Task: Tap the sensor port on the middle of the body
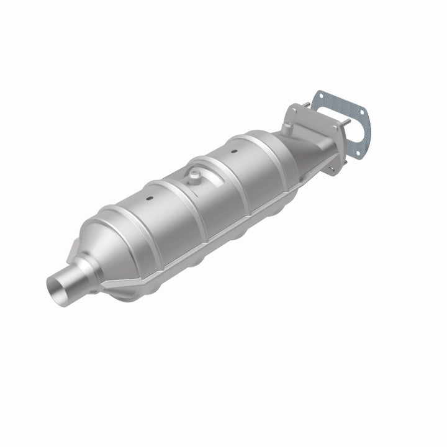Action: point(195,175)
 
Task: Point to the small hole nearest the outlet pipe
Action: point(150,199)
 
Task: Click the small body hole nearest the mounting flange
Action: point(234,150)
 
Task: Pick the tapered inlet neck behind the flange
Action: point(310,149)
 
